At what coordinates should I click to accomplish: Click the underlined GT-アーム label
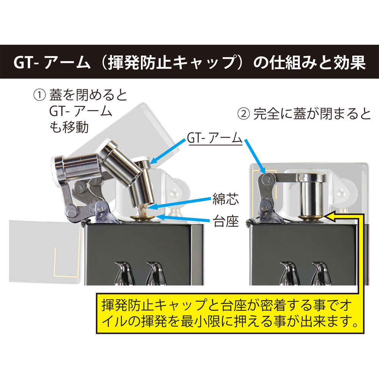click(x=215, y=139)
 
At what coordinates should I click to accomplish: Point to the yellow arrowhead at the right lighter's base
click(x=330, y=217)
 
